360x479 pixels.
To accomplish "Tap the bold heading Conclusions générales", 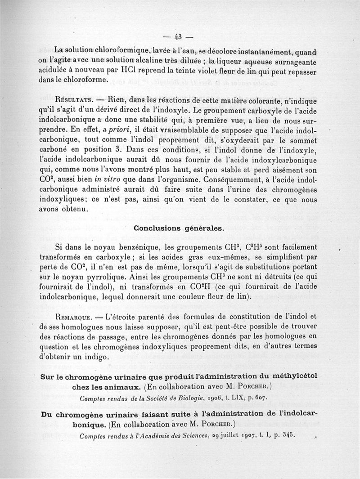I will pos(179,228).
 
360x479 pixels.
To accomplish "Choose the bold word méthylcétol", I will pos(294,376).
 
